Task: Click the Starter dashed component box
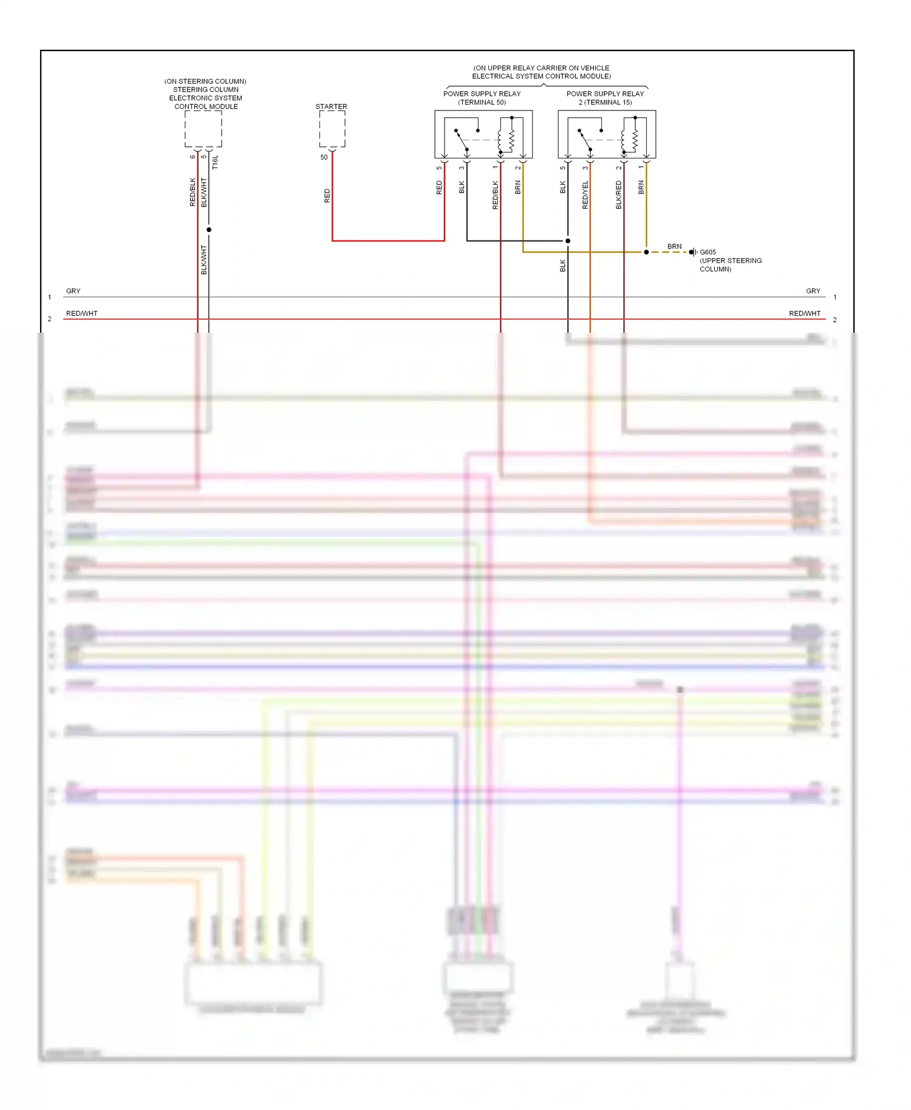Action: point(332,129)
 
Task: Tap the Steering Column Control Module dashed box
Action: point(203,129)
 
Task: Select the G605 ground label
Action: point(708,252)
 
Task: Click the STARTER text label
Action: point(331,106)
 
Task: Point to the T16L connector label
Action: point(215,162)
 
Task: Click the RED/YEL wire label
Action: point(585,195)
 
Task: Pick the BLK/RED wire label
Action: point(619,195)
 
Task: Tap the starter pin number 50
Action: point(324,157)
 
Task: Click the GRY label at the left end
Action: point(73,291)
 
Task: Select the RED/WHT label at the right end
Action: point(805,313)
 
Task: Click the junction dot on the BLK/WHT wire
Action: point(209,230)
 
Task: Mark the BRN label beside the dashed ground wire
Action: point(674,247)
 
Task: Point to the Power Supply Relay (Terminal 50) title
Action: point(482,98)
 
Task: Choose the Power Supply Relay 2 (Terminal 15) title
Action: point(605,98)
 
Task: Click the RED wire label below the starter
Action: point(327,196)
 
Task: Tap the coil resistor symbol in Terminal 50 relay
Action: point(511,140)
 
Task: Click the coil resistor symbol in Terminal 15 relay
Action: point(635,140)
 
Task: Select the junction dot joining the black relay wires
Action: point(568,241)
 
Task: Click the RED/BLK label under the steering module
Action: point(193,192)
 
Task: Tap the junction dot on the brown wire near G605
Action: point(646,252)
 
